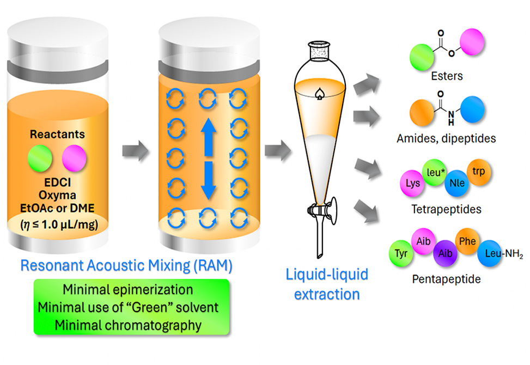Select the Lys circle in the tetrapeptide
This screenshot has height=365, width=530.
[413, 183]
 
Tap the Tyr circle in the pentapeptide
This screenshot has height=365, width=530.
[402, 254]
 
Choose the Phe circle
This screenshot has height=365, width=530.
[467, 241]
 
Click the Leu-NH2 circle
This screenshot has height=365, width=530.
[491, 254]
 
